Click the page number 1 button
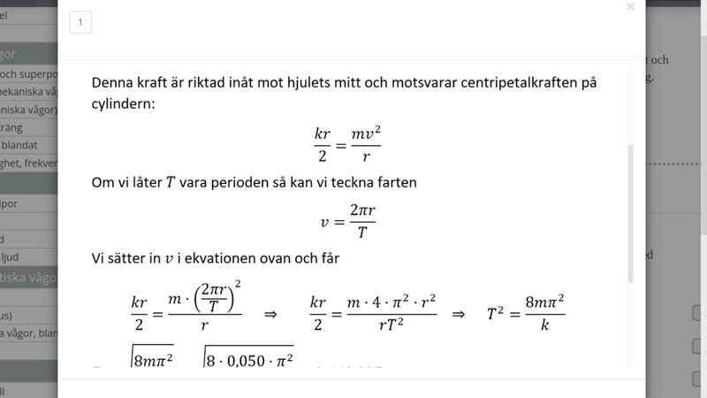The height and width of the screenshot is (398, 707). coord(80,23)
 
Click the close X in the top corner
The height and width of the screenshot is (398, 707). coord(630,7)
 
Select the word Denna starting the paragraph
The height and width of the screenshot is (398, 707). coord(113,82)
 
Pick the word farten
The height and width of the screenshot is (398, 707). coord(393,183)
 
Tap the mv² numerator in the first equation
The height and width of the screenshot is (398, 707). coord(364,132)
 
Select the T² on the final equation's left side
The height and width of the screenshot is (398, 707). coord(497,313)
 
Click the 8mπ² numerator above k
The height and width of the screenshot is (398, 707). coord(544,302)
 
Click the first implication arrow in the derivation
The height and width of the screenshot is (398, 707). coord(271,313)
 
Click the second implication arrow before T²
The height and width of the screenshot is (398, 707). coord(458,313)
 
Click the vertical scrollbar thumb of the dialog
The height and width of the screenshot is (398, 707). coord(630,212)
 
